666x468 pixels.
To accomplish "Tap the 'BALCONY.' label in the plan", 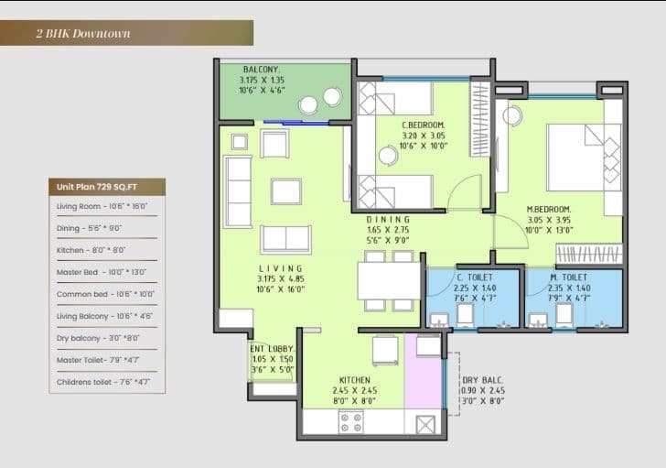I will tap(262, 70).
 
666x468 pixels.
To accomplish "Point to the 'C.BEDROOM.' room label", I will tap(423, 124).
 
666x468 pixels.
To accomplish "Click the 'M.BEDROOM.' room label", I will tap(548, 210).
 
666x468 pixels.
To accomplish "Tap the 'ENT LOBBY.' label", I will tap(273, 349).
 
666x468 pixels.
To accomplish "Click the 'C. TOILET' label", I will tap(473, 278).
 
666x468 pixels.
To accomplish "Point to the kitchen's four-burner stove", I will tap(350, 422).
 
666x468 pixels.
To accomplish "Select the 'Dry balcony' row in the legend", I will tap(91, 338).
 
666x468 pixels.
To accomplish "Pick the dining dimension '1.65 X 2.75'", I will tap(389, 231).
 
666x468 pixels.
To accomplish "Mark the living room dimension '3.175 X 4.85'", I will tap(274, 279).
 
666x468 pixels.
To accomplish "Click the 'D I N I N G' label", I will tap(389, 220).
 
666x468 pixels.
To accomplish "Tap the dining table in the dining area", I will tap(389, 279).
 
